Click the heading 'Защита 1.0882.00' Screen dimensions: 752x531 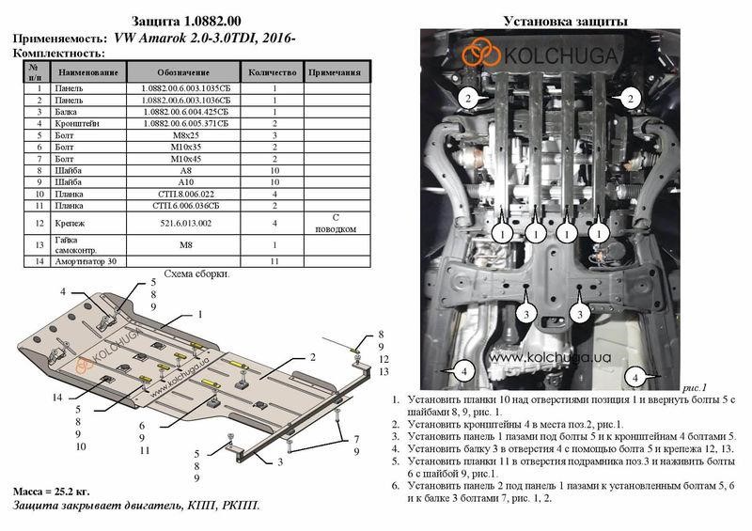tap(186, 21)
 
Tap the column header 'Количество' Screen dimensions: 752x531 tap(273, 72)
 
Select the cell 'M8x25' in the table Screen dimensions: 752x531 tap(185, 135)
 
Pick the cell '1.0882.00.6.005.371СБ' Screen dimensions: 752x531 tap(185, 123)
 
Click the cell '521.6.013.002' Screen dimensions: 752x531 tap(185, 223)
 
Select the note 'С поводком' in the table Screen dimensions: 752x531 tap(336, 223)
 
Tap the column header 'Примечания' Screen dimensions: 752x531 tap(335, 72)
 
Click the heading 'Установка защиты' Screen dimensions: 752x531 tap(566, 21)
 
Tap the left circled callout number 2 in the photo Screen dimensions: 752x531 tap(468, 99)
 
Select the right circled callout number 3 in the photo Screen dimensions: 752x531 tap(580, 314)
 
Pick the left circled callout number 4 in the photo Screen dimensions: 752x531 tap(463, 370)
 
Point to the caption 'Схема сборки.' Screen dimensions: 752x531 tap(196, 273)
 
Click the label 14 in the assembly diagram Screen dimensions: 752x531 tap(57, 398)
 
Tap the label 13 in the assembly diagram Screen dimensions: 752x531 tap(384, 372)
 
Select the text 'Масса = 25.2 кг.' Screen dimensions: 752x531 tap(52, 492)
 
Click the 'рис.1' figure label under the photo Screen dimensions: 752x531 tap(695, 387)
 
